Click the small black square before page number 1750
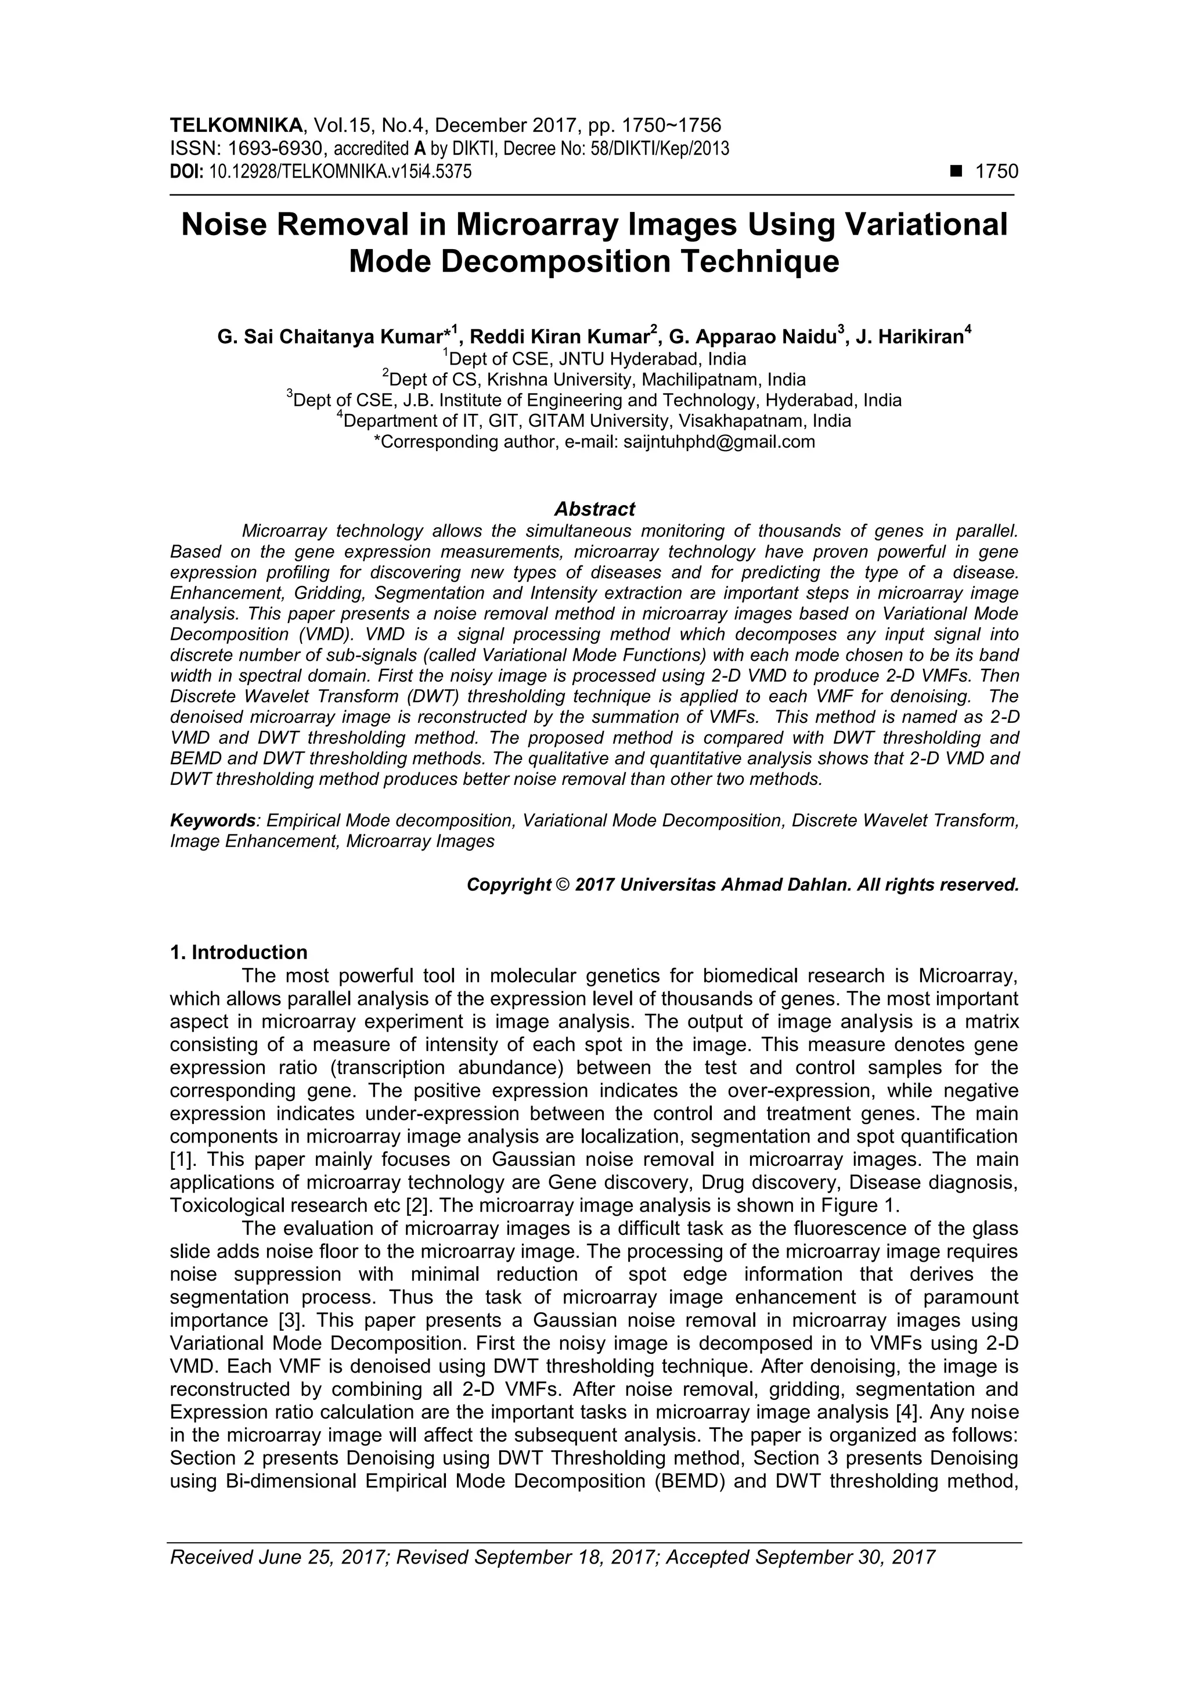click(956, 172)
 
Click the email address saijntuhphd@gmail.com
click(719, 442)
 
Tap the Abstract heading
click(594, 509)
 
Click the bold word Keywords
click(212, 820)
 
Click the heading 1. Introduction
click(239, 952)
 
